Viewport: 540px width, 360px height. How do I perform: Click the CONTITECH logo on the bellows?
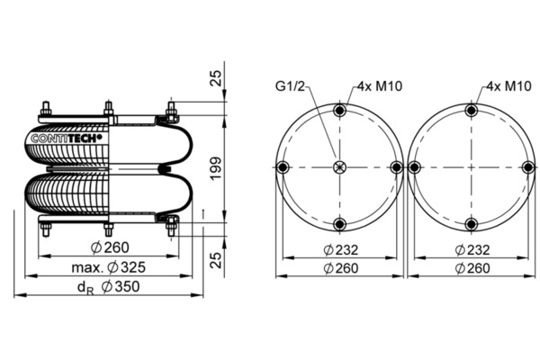67,139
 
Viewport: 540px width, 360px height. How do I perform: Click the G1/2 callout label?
290,86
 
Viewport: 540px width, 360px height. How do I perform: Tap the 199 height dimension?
216,168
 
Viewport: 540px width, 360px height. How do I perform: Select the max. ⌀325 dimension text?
109,267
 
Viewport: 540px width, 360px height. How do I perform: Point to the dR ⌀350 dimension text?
109,287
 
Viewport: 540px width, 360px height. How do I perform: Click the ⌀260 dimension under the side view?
110,247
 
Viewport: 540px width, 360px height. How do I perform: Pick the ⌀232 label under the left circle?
340,250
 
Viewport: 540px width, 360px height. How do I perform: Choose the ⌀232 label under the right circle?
472,250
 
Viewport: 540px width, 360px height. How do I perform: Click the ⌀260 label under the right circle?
472,268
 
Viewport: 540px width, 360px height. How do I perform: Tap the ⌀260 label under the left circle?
340,268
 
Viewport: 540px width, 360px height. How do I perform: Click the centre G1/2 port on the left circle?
340,167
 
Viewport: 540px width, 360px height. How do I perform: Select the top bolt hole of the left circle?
340,111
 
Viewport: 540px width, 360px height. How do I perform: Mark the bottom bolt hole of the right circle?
472,224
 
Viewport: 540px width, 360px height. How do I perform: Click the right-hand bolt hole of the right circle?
528,167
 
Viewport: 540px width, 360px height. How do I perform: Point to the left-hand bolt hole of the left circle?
283,167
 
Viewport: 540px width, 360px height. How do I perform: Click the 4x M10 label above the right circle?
509,86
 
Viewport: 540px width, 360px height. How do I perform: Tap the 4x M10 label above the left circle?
380,86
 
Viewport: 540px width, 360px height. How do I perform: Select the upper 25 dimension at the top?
216,78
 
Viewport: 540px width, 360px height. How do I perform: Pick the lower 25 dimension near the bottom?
216,260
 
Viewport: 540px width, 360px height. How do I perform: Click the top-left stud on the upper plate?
46,109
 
